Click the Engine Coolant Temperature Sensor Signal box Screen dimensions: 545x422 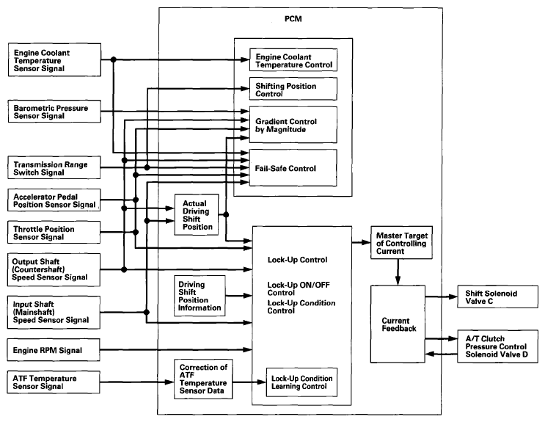54,60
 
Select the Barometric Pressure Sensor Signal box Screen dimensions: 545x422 54,112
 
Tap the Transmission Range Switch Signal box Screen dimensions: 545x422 54,167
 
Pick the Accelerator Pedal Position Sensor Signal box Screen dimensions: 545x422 54,200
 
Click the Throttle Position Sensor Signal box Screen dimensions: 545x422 54,233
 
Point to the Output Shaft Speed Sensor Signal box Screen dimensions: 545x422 54,269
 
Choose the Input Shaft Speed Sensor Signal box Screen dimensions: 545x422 54,313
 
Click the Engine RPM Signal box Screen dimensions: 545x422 54,349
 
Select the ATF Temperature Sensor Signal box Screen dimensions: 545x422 54,382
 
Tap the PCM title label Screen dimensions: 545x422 293,19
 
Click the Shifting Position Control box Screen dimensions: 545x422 293,89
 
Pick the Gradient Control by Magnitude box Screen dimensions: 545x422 293,125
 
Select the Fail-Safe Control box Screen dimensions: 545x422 293,168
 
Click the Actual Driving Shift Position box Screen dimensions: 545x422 197,214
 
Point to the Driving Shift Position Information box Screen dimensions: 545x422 200,296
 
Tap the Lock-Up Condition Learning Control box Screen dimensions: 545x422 301,382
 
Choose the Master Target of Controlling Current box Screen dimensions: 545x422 401,242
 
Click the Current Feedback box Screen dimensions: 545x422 398,324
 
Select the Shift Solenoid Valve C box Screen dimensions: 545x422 497,297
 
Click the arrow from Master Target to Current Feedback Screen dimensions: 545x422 398,272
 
